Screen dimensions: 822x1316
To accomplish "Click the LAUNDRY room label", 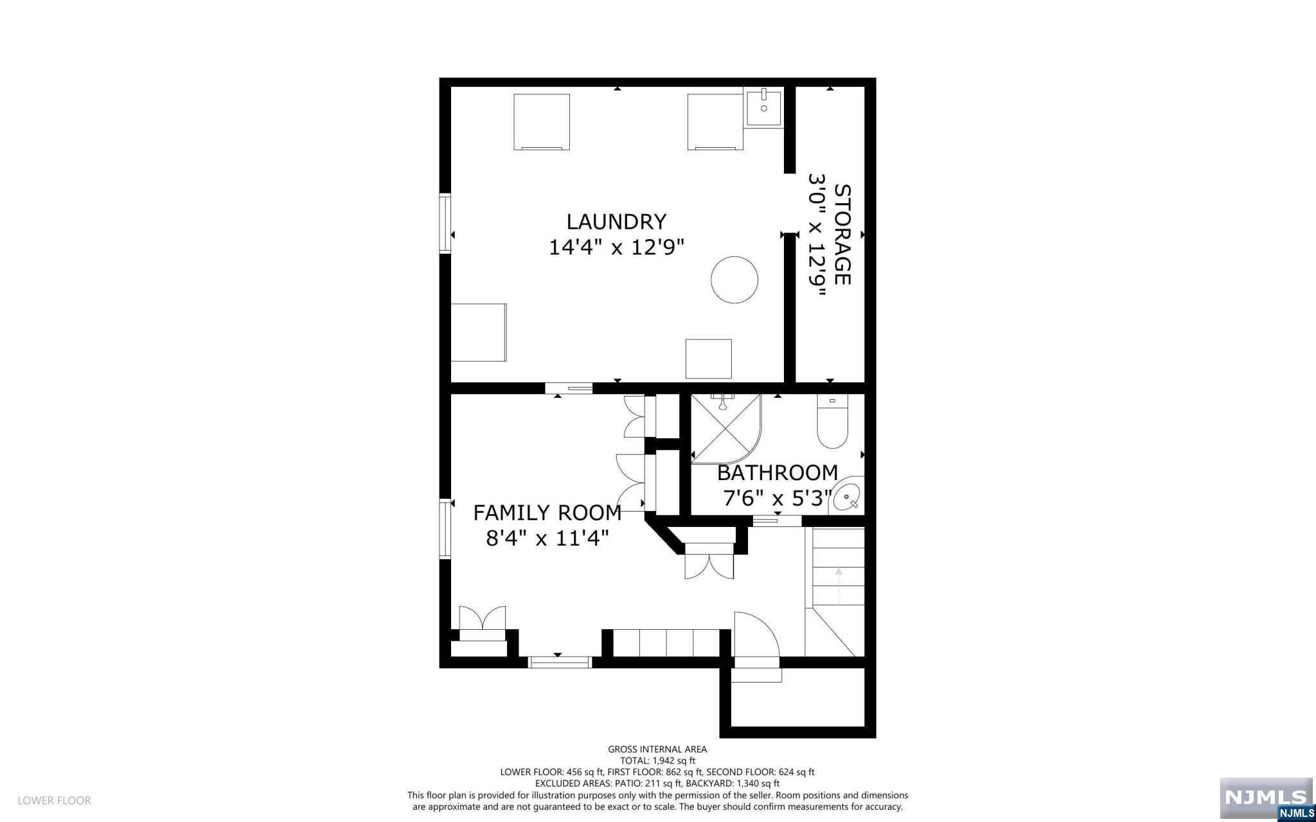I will [x=616, y=222].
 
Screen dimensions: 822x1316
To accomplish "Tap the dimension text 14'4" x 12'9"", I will [x=616, y=247].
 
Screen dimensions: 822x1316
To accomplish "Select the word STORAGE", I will [x=842, y=235].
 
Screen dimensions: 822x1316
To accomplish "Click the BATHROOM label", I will [x=777, y=473].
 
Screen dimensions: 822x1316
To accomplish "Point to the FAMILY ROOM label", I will [x=547, y=513].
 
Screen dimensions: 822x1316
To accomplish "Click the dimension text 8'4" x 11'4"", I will [x=547, y=538].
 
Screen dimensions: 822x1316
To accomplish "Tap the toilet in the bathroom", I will [x=832, y=422].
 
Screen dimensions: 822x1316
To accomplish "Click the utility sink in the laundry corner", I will [x=763, y=109].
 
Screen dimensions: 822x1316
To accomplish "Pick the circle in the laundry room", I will [x=734, y=280].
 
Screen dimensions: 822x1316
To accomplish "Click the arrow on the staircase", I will [x=838, y=585].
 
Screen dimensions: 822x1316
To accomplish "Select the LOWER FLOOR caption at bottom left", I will [x=55, y=801].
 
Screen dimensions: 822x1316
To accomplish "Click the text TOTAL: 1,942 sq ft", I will [x=657, y=760].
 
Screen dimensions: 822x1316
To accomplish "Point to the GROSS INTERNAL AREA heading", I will [x=657, y=749].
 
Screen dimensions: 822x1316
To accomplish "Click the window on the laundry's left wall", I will [x=444, y=223].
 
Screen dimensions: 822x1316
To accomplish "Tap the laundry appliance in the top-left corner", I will [x=541, y=121].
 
